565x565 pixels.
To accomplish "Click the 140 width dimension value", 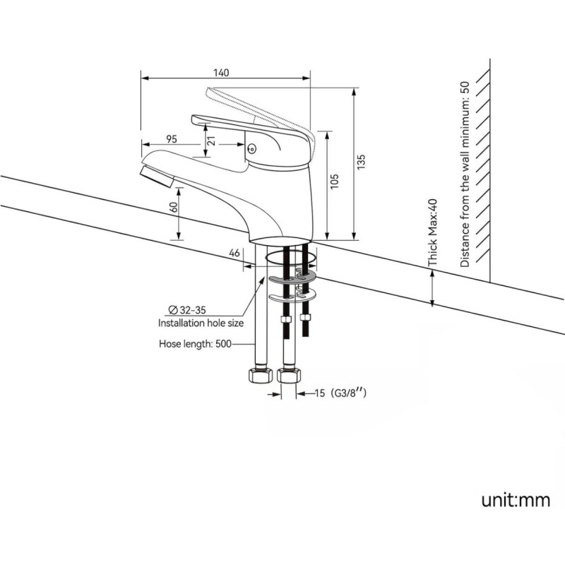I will pyautogui.click(x=221, y=72).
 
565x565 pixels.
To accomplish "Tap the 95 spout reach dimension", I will pyautogui.click(x=172, y=138).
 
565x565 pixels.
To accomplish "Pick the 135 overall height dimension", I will pyautogui.click(x=361, y=162).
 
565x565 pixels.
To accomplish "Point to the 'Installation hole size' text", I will pyautogui.click(x=201, y=323).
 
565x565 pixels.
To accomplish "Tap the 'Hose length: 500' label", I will pyautogui.click(x=196, y=345).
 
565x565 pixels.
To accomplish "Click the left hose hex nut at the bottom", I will pyautogui.click(x=260, y=376).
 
